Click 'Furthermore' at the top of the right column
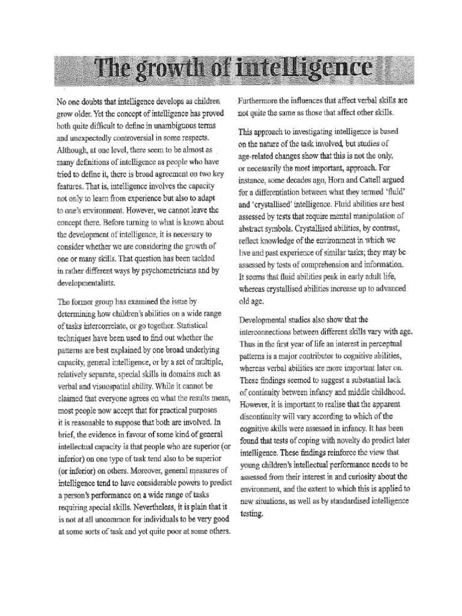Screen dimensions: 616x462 tap(263, 100)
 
